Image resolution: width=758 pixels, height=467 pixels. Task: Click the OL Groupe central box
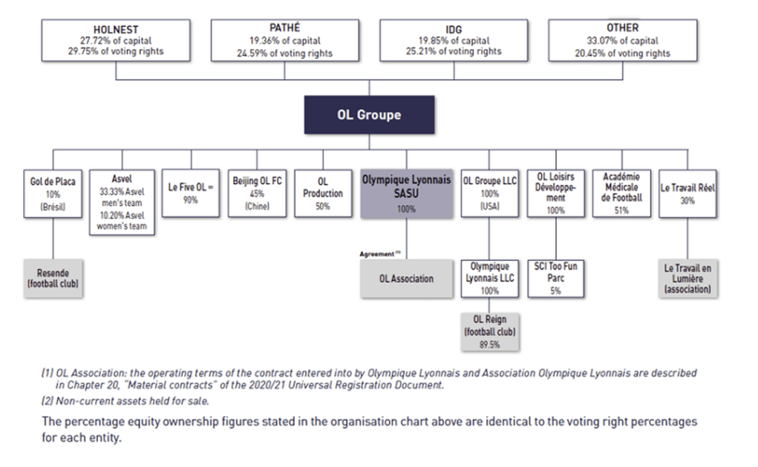[x=369, y=115]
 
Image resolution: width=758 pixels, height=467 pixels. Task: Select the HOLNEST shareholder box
[x=116, y=40]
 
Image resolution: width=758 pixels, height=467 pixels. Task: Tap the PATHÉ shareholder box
[x=285, y=40]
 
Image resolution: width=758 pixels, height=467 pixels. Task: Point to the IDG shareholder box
[x=454, y=40]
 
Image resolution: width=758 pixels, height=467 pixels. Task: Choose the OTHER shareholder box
[x=622, y=40]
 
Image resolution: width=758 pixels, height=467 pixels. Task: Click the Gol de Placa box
[x=53, y=193]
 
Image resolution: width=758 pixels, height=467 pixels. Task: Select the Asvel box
[x=122, y=202]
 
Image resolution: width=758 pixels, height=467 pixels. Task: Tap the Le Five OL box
[x=191, y=193]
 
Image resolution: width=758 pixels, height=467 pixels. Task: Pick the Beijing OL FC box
[x=257, y=193]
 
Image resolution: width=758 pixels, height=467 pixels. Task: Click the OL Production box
[x=322, y=193]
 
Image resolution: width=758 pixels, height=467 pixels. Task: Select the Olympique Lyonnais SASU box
[x=406, y=193]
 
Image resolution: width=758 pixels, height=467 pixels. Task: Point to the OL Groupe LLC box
[x=489, y=193]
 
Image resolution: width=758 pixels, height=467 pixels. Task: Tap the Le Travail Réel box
[x=688, y=193]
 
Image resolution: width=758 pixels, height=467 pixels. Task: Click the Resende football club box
[x=53, y=278]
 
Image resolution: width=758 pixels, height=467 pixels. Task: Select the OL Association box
[x=406, y=279]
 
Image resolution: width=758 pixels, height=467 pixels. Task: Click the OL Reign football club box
[x=490, y=330]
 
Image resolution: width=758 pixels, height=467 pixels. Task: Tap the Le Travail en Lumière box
[x=688, y=278]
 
